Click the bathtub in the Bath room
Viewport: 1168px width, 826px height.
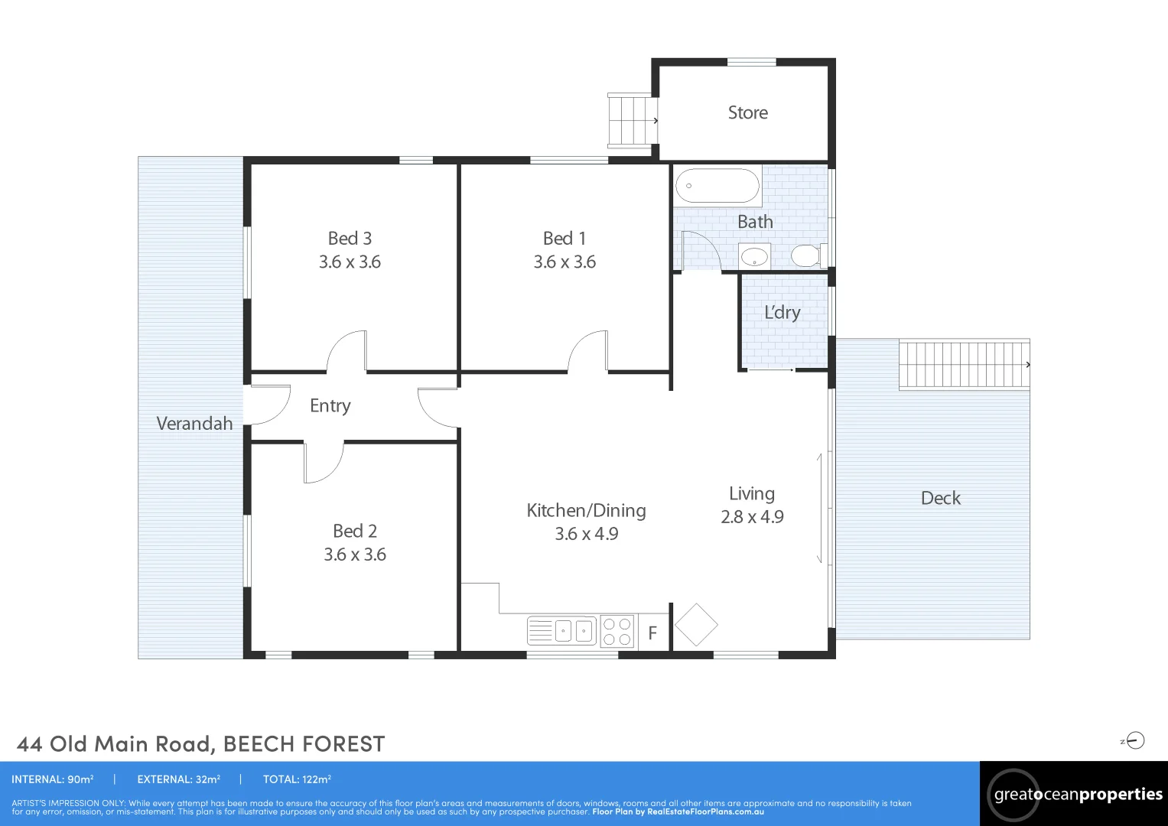pos(717,185)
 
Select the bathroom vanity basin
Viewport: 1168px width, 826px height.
pos(754,256)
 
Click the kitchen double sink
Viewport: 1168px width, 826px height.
pos(561,631)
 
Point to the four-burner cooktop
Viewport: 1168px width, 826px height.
pos(617,631)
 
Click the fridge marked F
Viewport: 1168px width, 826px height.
pos(652,633)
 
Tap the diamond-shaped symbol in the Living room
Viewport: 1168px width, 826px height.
pos(696,625)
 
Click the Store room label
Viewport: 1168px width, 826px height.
pos(748,112)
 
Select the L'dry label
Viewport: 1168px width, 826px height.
pos(782,312)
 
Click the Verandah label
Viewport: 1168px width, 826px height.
pos(194,424)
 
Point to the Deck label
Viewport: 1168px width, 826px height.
pos(941,498)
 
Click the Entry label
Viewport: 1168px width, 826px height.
pos(330,405)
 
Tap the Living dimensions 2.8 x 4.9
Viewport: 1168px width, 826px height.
pos(752,517)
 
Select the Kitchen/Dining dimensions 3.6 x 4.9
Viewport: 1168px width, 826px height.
pos(587,534)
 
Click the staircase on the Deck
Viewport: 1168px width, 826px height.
pos(964,364)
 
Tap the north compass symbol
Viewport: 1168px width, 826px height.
pos(1133,740)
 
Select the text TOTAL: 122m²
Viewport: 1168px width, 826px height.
pos(298,779)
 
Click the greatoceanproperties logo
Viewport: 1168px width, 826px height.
pos(1074,795)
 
